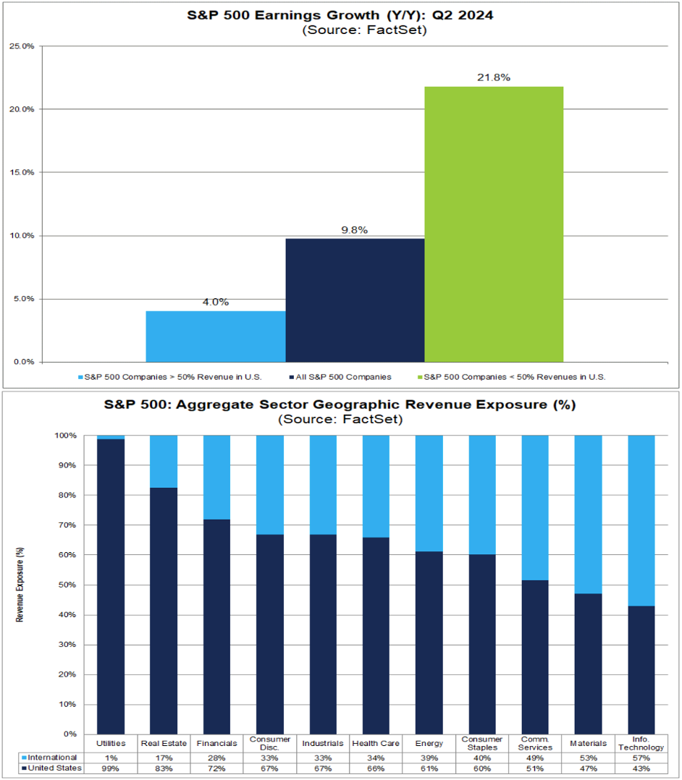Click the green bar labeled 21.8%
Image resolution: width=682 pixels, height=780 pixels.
pos(494,224)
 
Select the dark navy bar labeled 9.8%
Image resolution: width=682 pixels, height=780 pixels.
pos(355,300)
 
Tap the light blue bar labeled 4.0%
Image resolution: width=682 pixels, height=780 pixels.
pos(216,336)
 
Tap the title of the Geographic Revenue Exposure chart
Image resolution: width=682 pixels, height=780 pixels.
pos(340,404)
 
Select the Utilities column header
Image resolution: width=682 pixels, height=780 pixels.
pos(110,743)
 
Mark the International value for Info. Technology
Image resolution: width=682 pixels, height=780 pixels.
pos(641,757)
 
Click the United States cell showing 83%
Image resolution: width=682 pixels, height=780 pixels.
pos(163,768)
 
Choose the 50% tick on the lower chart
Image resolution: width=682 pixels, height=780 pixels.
pos(66,585)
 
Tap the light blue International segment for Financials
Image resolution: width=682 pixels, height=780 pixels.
pos(216,478)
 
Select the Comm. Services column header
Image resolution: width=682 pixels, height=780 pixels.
pos(535,743)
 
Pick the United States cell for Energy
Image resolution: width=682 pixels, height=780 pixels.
pos(429,768)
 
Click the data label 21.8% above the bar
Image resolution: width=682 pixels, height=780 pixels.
pos(494,77)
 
